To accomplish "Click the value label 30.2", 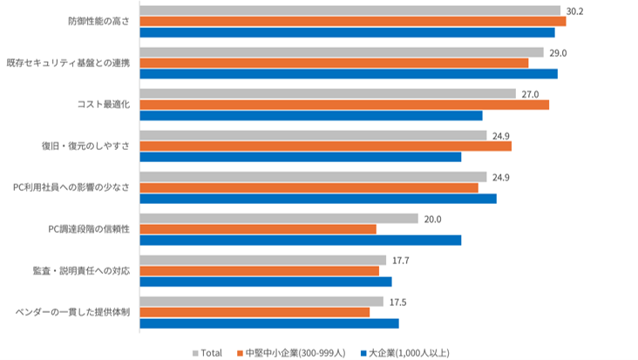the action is pyautogui.click(x=574, y=11).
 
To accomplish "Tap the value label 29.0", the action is pyautogui.click(x=558, y=53).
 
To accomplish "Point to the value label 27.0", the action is pyautogui.click(x=530, y=94).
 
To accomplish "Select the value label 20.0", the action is pyautogui.click(x=432, y=220).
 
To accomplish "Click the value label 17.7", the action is pyautogui.click(x=401, y=261).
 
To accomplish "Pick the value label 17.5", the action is pyautogui.click(x=398, y=302).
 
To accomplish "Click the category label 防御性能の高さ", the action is pyautogui.click(x=98, y=22).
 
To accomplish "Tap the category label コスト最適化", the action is pyautogui.click(x=104, y=105).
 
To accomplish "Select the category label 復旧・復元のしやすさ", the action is pyautogui.click(x=86, y=146).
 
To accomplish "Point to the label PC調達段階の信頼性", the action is pyautogui.click(x=89, y=229).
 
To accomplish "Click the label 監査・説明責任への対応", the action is pyautogui.click(x=81, y=271).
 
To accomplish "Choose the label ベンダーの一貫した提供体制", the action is pyautogui.click(x=73, y=312).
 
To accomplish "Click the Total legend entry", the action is pyautogui.click(x=207, y=353).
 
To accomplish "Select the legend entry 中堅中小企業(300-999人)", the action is pyautogui.click(x=291, y=353).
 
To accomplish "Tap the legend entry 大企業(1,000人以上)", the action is pyautogui.click(x=405, y=353).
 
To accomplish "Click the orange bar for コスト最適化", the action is pyautogui.click(x=344, y=105).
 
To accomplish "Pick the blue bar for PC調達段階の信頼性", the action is pyautogui.click(x=301, y=241).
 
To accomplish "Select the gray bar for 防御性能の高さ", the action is pyautogui.click(x=350, y=10).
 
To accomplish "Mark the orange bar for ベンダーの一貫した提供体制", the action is pyautogui.click(x=255, y=312).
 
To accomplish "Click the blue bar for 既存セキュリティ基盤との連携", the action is pyautogui.click(x=349, y=74).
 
